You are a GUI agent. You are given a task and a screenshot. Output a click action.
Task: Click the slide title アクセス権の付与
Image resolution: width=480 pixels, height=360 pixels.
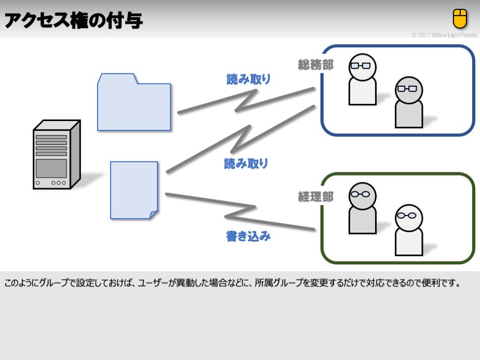73,21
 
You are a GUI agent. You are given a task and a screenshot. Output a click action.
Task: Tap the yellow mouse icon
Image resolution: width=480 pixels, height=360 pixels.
460,19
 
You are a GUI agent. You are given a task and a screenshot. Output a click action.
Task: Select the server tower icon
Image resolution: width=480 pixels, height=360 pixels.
56,155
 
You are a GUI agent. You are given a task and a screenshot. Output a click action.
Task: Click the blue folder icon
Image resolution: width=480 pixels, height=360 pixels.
134,104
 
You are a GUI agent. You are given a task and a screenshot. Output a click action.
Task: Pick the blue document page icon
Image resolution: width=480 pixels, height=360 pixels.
134,190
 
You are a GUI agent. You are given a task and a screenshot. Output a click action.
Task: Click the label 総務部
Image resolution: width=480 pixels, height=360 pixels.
315,64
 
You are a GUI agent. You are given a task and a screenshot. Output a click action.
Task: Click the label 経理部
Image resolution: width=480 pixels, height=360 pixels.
315,197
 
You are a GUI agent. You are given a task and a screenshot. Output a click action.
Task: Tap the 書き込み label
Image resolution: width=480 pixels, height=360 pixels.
248,236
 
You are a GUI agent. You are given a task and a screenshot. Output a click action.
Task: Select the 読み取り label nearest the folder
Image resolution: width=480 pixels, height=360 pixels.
248,79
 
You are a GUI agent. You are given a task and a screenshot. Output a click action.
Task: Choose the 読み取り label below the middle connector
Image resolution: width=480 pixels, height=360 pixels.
246,164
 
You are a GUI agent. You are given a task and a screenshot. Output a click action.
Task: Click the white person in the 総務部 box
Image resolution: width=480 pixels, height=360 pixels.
362,79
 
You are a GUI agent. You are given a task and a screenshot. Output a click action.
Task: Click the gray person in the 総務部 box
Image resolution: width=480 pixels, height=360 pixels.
408,102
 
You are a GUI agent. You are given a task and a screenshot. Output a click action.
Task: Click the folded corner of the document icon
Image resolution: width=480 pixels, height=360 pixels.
153,215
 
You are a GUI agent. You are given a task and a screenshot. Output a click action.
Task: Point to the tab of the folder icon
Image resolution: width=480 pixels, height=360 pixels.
117,78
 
